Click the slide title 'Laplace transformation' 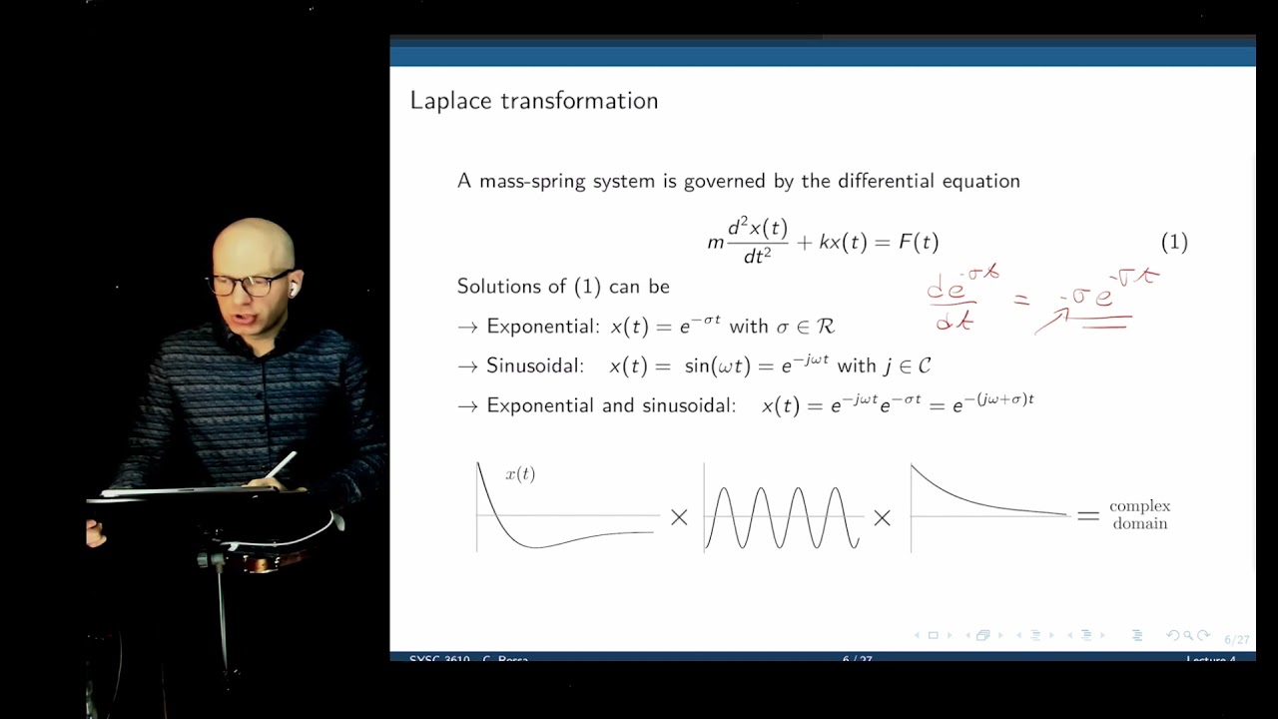tap(533, 101)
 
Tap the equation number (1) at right tap(1174, 242)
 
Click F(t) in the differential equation tap(919, 242)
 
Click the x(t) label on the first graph tap(520, 474)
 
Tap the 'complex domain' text tap(1139, 514)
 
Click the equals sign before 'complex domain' tap(1087, 515)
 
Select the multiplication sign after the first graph tap(679, 517)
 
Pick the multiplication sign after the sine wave tap(883, 517)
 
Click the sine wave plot tap(782, 517)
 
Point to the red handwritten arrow tap(1051, 321)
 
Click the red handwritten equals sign tap(1020, 299)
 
